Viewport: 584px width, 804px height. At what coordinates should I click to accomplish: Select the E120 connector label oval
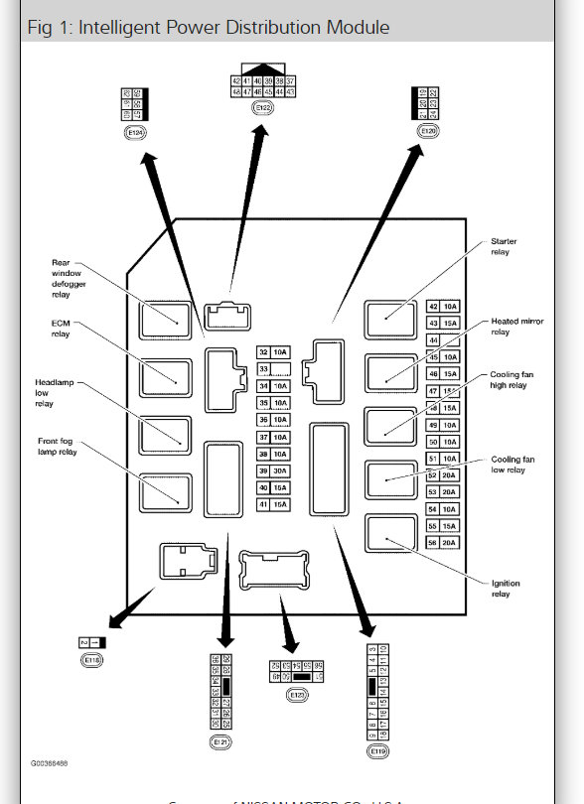pyautogui.click(x=428, y=130)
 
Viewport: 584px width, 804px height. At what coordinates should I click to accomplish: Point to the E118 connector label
pyautogui.click(x=91, y=659)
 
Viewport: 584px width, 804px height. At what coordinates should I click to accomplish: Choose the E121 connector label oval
pyautogui.click(x=220, y=740)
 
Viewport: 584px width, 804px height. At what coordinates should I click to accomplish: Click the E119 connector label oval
pyautogui.click(x=376, y=751)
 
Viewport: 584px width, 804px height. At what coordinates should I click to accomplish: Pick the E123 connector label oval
pyautogui.click(x=296, y=696)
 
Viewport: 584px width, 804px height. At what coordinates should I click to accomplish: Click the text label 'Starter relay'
pyautogui.click(x=504, y=246)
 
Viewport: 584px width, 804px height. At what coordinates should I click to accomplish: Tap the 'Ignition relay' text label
pyautogui.click(x=505, y=589)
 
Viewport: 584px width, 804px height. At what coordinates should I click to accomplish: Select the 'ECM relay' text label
pyautogui.click(x=62, y=329)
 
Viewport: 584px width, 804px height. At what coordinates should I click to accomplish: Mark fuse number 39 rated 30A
pyautogui.click(x=272, y=470)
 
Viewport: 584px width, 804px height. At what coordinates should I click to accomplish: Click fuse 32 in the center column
pyautogui.click(x=272, y=352)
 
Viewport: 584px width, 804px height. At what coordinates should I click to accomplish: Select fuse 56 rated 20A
pyautogui.click(x=442, y=542)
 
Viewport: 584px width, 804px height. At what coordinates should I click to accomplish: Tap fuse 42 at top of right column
pyautogui.click(x=442, y=307)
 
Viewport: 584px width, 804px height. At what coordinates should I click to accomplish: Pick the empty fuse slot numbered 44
pyautogui.click(x=442, y=340)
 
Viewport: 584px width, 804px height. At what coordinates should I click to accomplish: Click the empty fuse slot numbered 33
pyautogui.click(x=272, y=369)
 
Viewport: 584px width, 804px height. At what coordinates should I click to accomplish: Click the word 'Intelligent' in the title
pyautogui.click(x=116, y=26)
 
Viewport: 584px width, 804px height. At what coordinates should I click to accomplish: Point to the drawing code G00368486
pyautogui.click(x=50, y=764)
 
